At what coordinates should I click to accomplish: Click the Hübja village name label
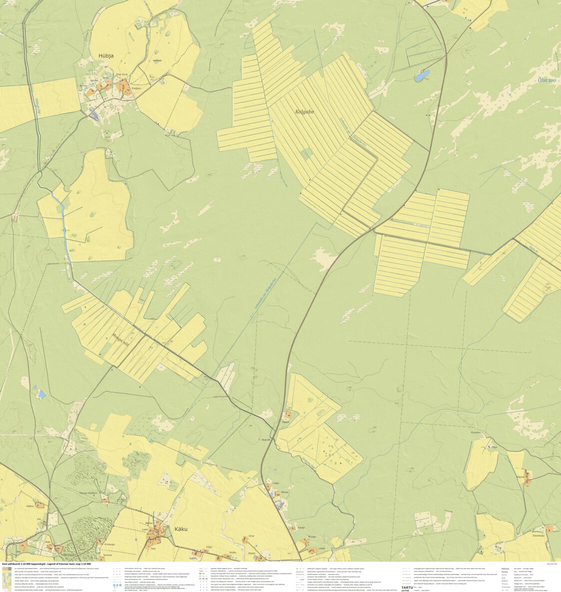105,56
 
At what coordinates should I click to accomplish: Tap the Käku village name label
181,528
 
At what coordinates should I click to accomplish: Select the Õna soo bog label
546,80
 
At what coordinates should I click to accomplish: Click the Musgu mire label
120,330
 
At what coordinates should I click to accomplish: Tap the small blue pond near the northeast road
422,76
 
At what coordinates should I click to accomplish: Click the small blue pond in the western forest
41,395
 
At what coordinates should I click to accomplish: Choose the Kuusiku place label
476,432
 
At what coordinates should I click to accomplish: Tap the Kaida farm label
301,527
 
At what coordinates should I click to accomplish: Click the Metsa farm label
285,492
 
